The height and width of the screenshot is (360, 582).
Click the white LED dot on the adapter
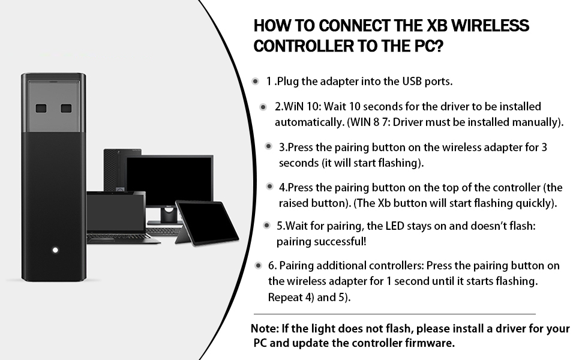(x=55, y=250)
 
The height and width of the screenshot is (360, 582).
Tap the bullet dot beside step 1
(x=255, y=81)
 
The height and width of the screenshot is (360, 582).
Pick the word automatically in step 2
(x=305, y=122)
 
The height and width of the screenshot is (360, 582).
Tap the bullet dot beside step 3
(x=269, y=146)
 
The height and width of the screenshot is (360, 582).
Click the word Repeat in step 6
(x=284, y=297)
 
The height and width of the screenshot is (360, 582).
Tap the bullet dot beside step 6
(x=258, y=265)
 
